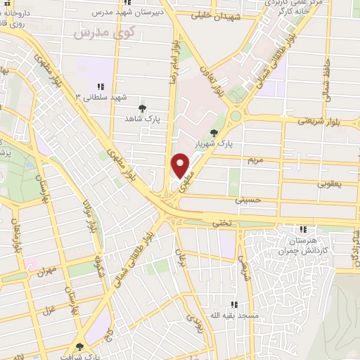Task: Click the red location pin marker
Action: [x=181, y=165]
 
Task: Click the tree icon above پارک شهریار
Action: [x=214, y=131]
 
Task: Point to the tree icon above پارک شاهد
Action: [x=143, y=108]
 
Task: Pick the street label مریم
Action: [x=255, y=160]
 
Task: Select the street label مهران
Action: [x=47, y=270]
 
